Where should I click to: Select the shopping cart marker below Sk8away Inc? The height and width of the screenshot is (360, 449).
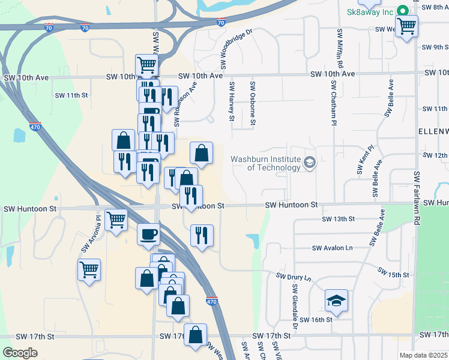pos(407,26)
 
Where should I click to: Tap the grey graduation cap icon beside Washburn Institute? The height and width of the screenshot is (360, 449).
pos(310,163)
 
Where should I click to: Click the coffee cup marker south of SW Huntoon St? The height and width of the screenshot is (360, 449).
pos(148,234)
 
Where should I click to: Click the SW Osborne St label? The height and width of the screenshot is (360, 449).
pos(253,104)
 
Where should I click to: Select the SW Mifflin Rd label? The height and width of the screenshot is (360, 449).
pos(340,47)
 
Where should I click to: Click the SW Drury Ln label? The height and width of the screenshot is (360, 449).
pos(294,278)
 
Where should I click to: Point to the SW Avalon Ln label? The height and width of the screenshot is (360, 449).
pos(331,248)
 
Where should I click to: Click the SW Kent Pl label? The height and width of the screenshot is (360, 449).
pos(365,159)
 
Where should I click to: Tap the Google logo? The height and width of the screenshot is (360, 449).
pos(20,353)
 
